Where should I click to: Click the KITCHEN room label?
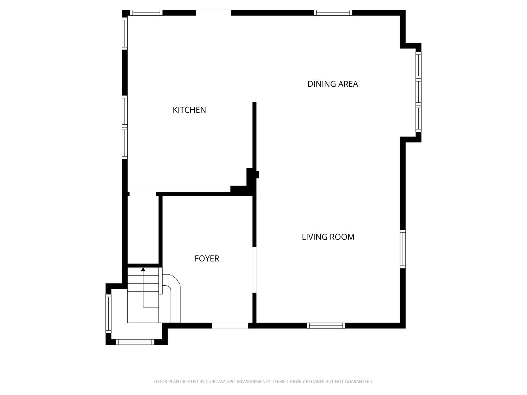(189, 110)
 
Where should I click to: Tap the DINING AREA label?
(333, 84)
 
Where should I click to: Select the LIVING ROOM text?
(328, 237)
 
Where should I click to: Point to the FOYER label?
(207, 259)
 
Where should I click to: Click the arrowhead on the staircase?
(143, 269)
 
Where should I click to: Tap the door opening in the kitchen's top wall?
(214, 13)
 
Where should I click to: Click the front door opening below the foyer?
(230, 326)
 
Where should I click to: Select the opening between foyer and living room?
(254, 270)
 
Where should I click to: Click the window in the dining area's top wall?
(333, 13)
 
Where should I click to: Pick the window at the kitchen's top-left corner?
(146, 13)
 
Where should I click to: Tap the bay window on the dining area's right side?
(418, 92)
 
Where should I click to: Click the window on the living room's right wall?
(403, 249)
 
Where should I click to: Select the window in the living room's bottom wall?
(326, 326)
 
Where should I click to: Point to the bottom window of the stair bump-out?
(135, 342)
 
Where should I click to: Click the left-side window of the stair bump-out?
(109, 313)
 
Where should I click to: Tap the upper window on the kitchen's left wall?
(124, 33)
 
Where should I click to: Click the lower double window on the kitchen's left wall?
(124, 127)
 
